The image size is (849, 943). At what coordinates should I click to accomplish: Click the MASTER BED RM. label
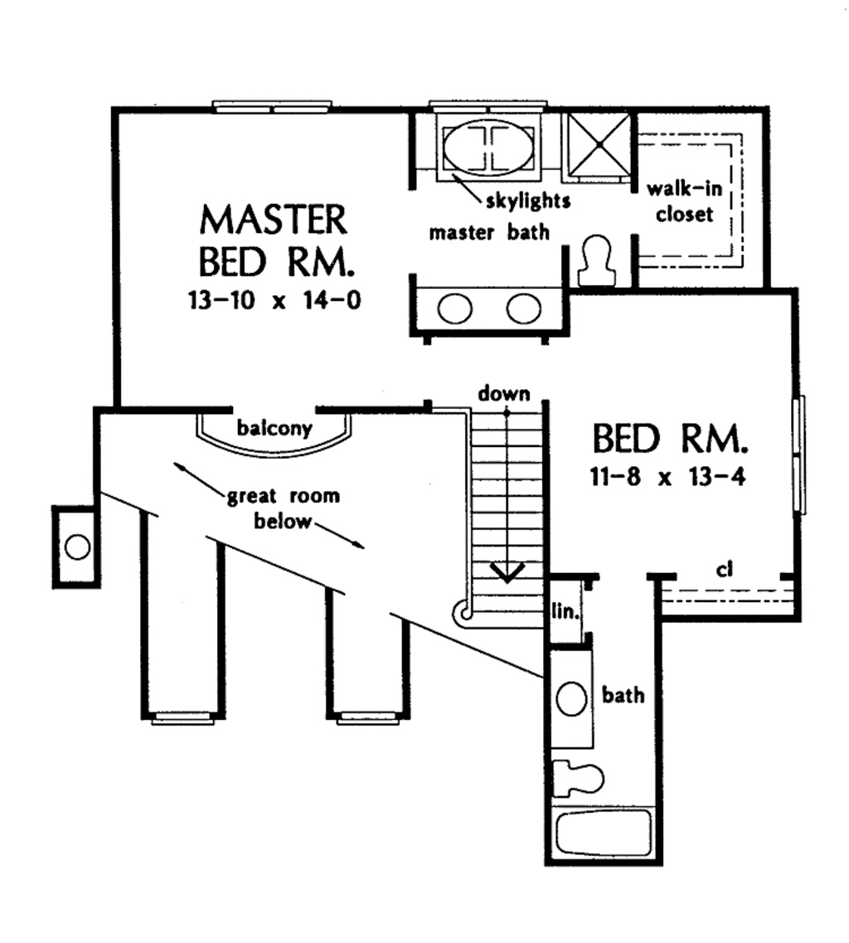click(x=274, y=241)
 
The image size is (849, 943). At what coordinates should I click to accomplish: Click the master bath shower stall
click(x=598, y=146)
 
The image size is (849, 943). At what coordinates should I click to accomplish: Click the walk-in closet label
click(x=685, y=202)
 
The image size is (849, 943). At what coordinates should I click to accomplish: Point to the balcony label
click(x=274, y=429)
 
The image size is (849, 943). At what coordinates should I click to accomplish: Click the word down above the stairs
click(x=503, y=394)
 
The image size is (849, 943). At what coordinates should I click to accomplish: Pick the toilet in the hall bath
click(x=578, y=777)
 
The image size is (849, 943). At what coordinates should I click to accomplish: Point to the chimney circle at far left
click(x=77, y=547)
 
